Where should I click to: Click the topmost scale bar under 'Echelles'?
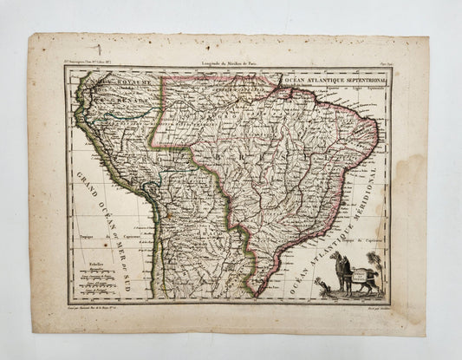point(97,267)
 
